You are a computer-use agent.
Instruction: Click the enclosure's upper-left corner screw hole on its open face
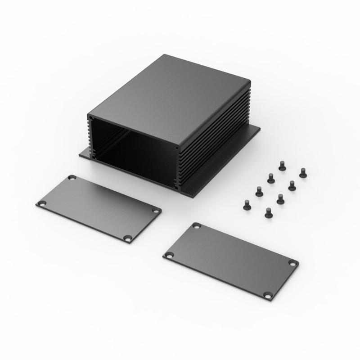91,119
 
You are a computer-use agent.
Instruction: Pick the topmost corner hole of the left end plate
72,178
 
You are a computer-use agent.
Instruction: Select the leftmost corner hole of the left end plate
42,203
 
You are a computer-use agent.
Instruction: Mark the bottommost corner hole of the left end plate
128,238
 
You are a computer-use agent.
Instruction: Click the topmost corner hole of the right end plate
196,226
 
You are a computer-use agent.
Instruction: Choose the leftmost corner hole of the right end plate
169,255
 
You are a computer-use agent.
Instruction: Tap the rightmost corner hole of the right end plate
292,263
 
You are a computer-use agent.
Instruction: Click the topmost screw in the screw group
282,166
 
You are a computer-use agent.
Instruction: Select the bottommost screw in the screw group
269,213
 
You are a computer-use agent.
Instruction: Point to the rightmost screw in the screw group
303,172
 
